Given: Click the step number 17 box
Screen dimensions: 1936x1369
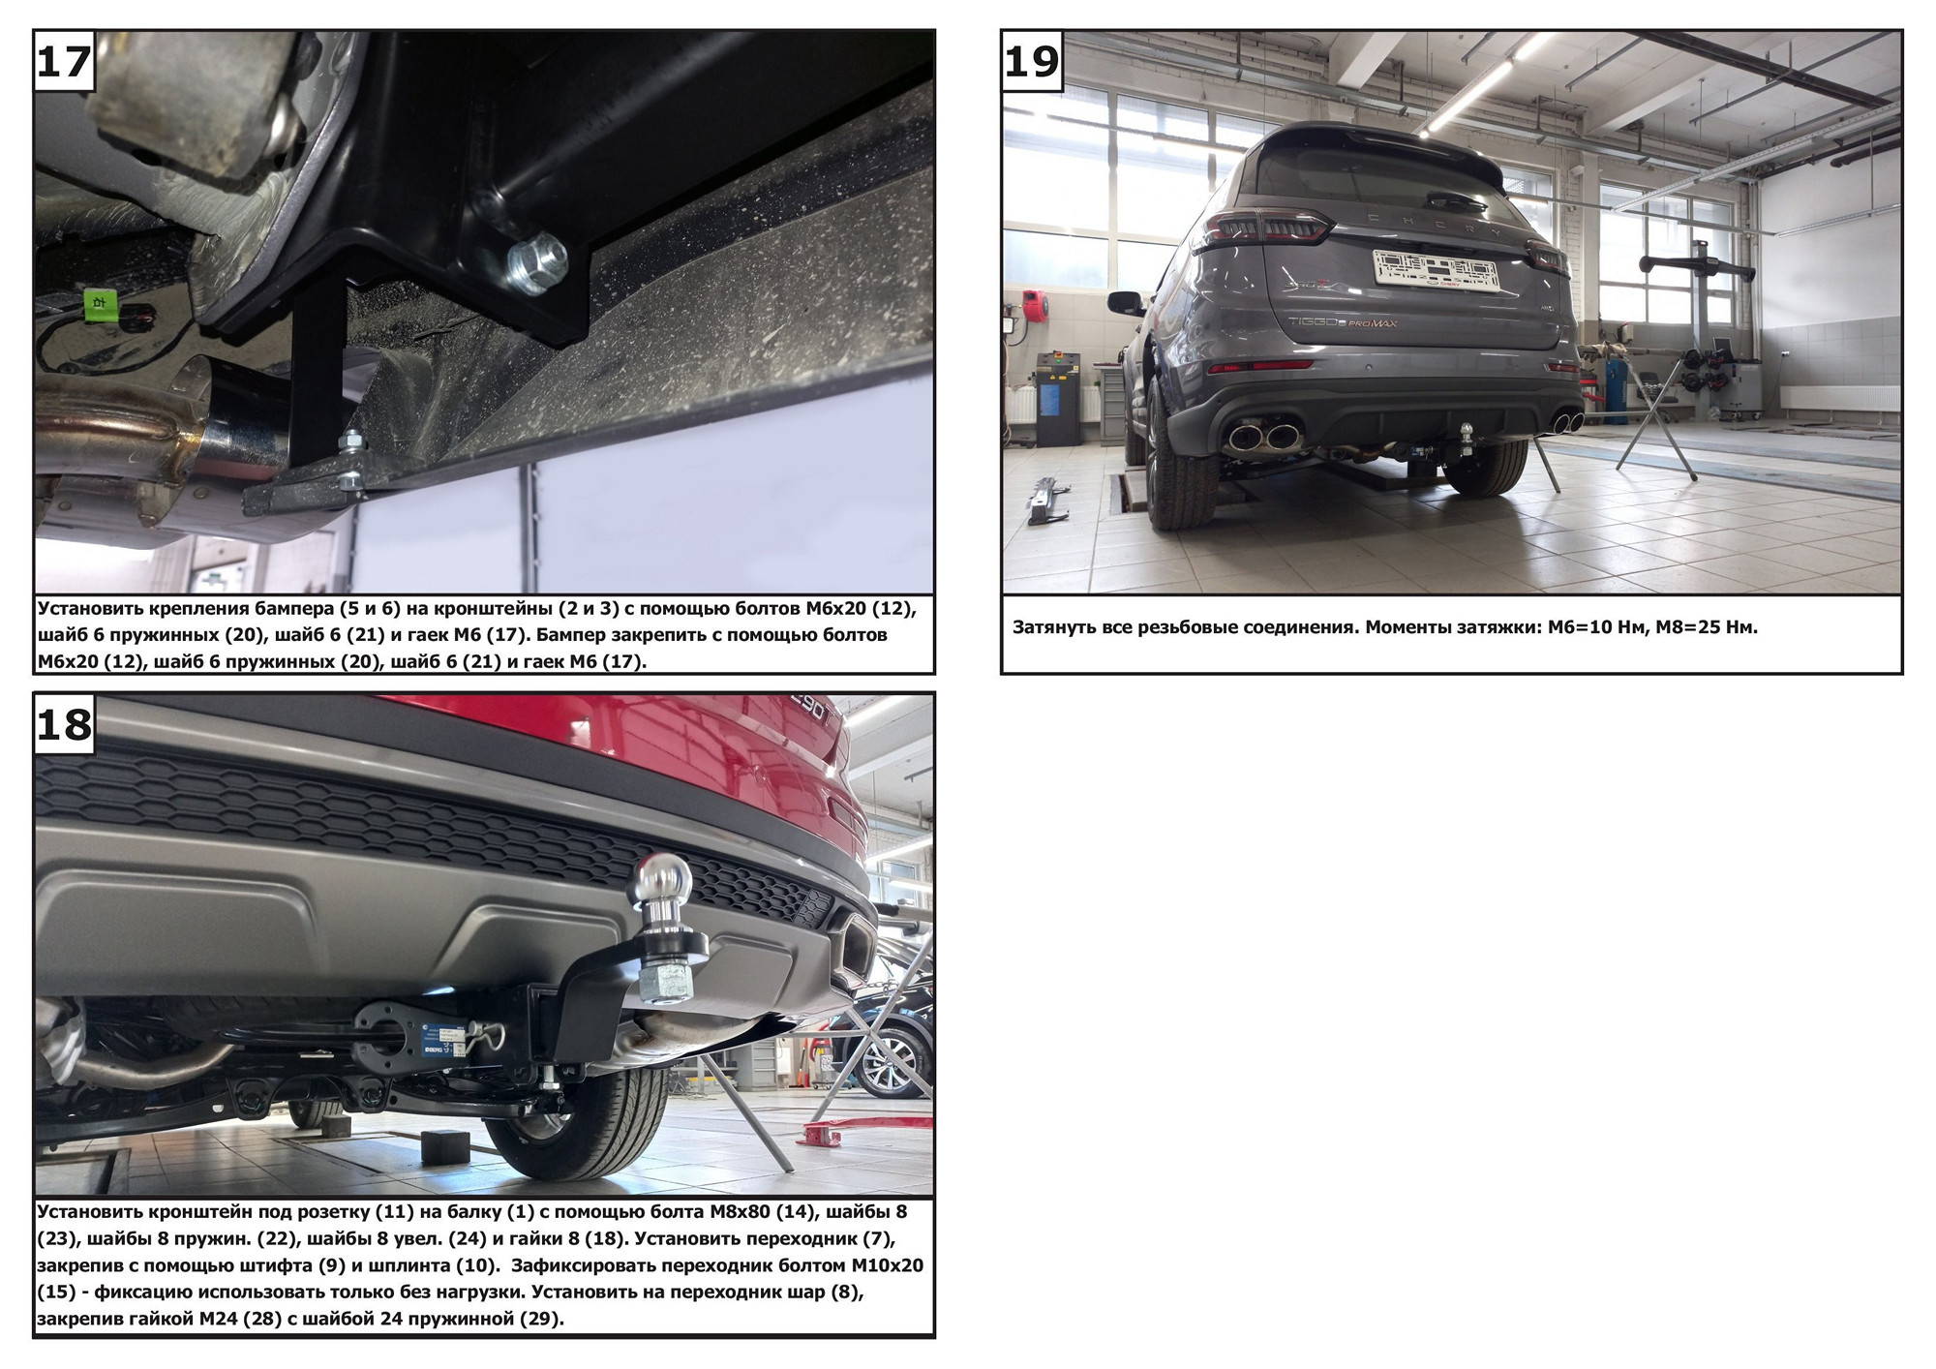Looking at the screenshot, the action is pos(64,61).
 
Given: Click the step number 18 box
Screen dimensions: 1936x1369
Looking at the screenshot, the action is pos(64,724).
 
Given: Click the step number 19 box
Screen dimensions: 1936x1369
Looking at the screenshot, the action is pos(1033,61).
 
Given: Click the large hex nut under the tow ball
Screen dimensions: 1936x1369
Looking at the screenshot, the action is pos(665,980).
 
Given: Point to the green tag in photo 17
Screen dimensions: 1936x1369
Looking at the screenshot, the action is pos(100,302).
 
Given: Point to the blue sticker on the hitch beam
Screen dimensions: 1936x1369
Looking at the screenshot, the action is pos(446,1038).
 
